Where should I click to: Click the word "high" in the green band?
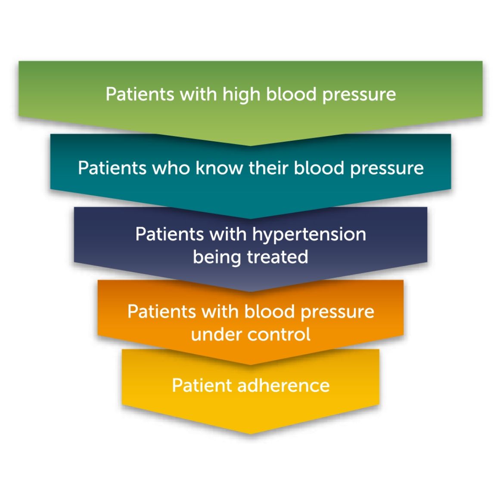[x=242, y=95]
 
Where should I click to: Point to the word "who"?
[x=171, y=168]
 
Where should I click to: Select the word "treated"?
[x=277, y=257]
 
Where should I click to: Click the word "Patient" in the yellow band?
[x=202, y=385]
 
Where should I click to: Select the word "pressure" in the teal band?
[x=387, y=168]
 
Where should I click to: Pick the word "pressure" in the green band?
[x=359, y=95]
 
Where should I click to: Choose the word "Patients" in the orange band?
[x=161, y=312]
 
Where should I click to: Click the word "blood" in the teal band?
[x=319, y=168]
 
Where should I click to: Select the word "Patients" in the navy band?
[x=169, y=235]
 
